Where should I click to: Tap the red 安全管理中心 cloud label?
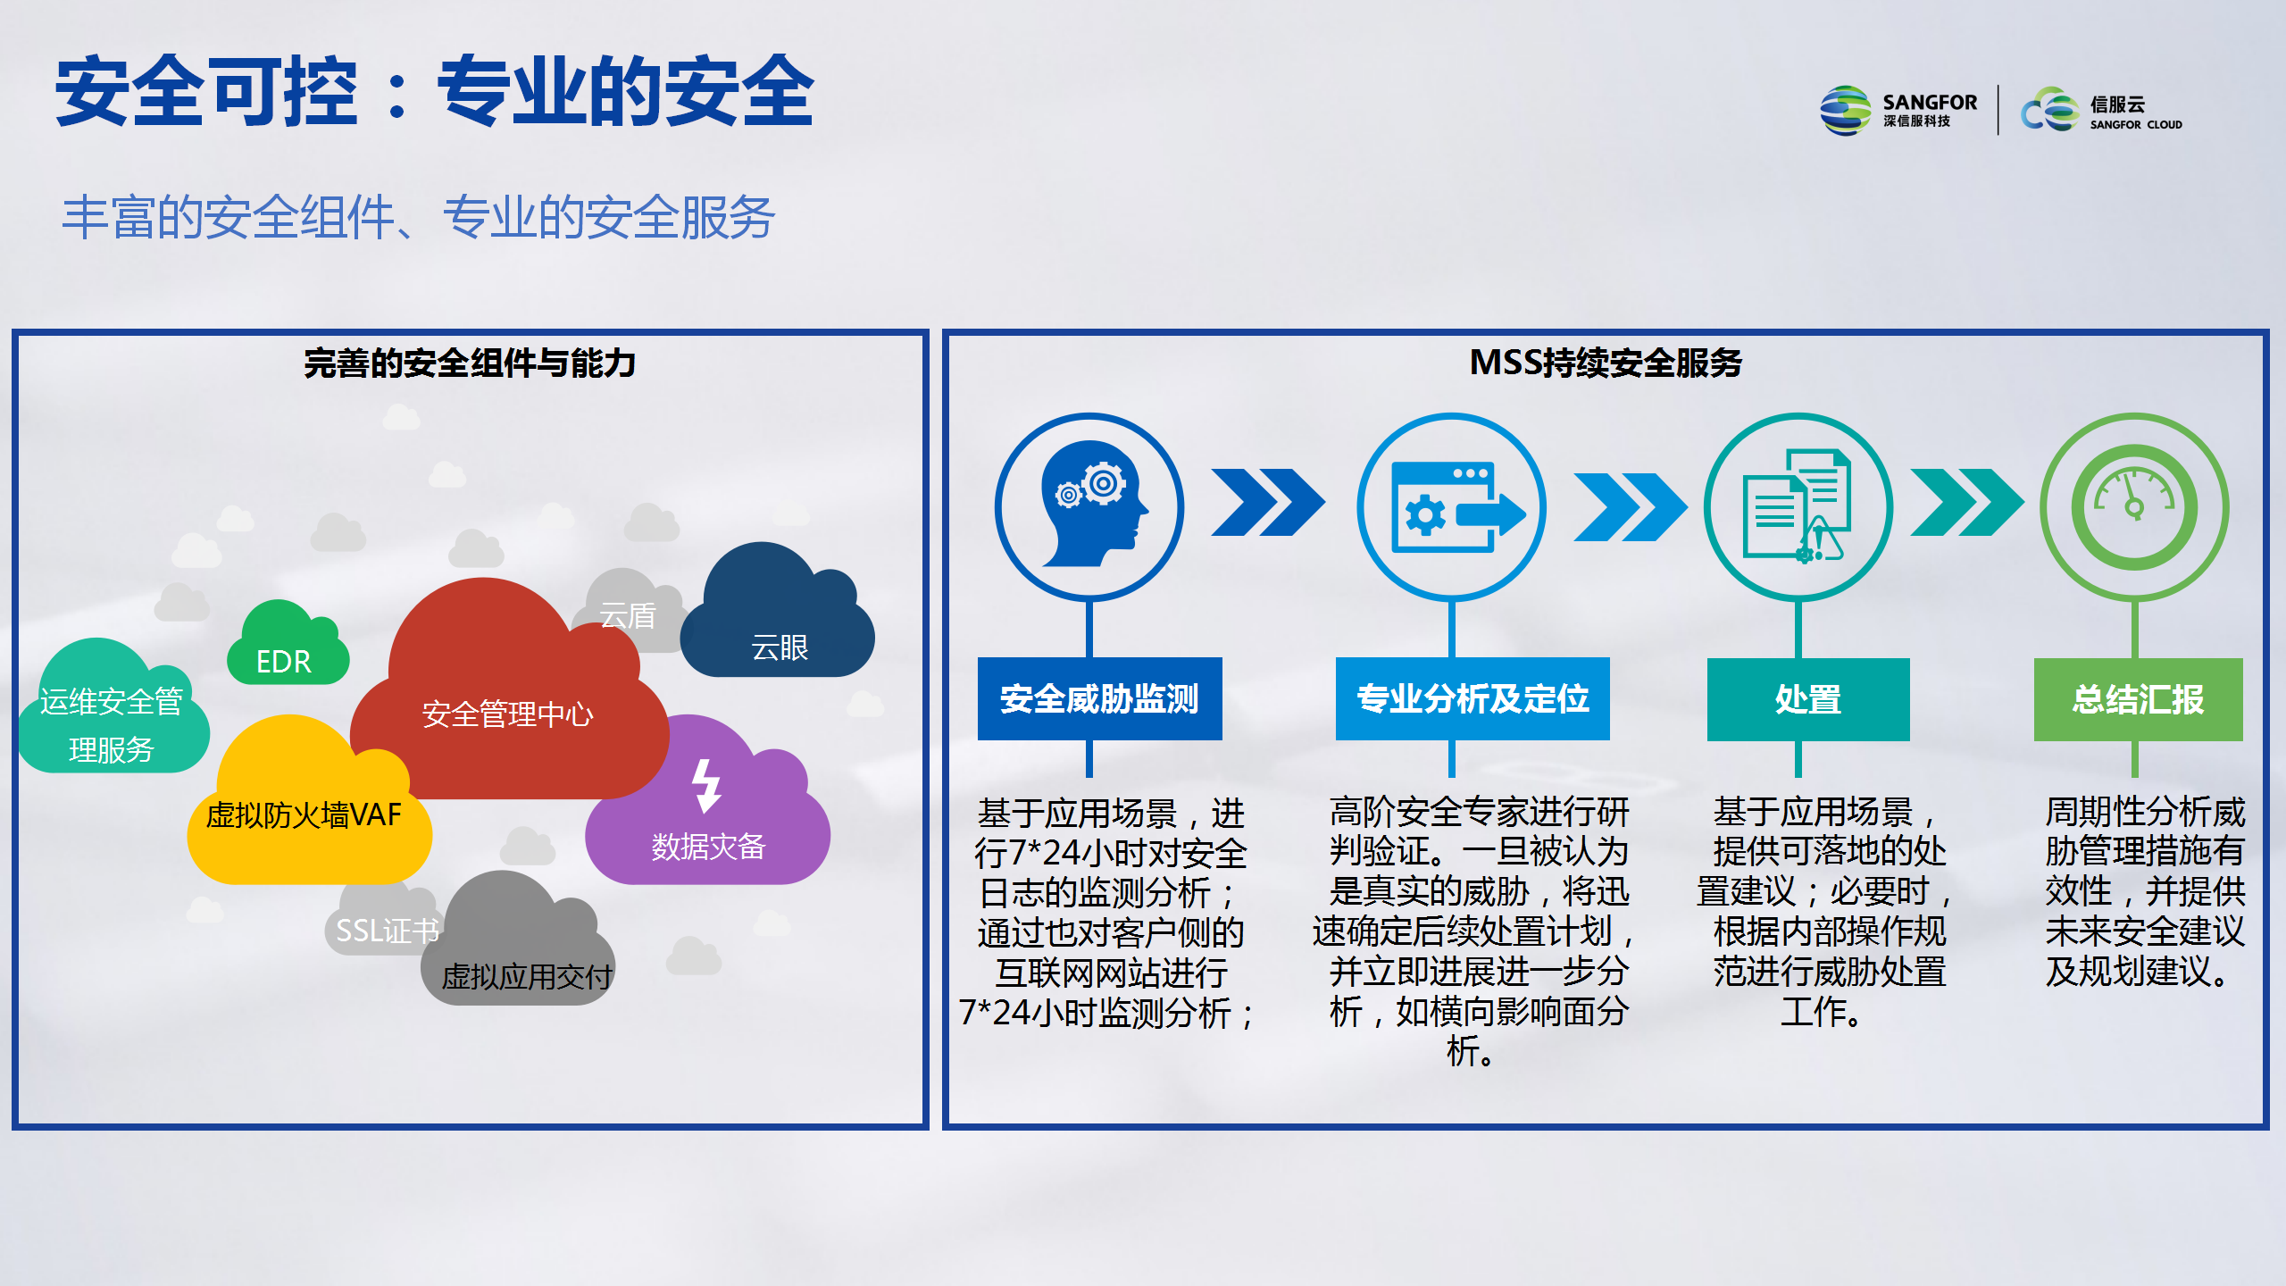coord(507,714)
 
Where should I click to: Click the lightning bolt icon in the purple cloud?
coord(706,786)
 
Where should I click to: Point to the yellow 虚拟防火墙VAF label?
coord(304,814)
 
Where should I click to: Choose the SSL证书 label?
coord(388,931)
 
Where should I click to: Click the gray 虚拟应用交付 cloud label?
coord(527,976)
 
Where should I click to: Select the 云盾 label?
coord(628,615)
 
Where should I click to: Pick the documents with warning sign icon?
coord(1798,505)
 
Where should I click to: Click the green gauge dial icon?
coord(2134,507)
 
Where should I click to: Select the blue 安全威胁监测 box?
coord(1099,698)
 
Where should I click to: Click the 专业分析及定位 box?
coord(1473,698)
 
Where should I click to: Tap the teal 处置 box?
coord(1808,699)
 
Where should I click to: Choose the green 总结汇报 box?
coord(2138,699)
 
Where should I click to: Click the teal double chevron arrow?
coord(1967,503)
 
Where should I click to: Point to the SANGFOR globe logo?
coord(1845,111)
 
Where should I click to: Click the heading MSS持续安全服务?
coord(1606,363)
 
